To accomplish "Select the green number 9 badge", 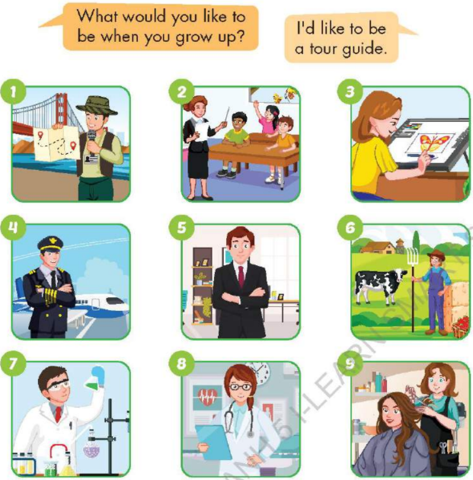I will tap(350, 364).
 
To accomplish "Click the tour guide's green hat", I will tap(97, 105).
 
